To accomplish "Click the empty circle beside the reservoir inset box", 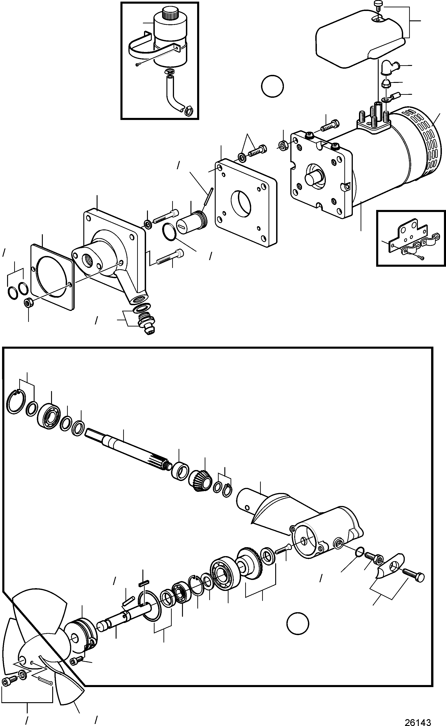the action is (272, 86).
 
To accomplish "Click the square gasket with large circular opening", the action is (52, 276).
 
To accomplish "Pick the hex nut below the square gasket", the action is (28, 302).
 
